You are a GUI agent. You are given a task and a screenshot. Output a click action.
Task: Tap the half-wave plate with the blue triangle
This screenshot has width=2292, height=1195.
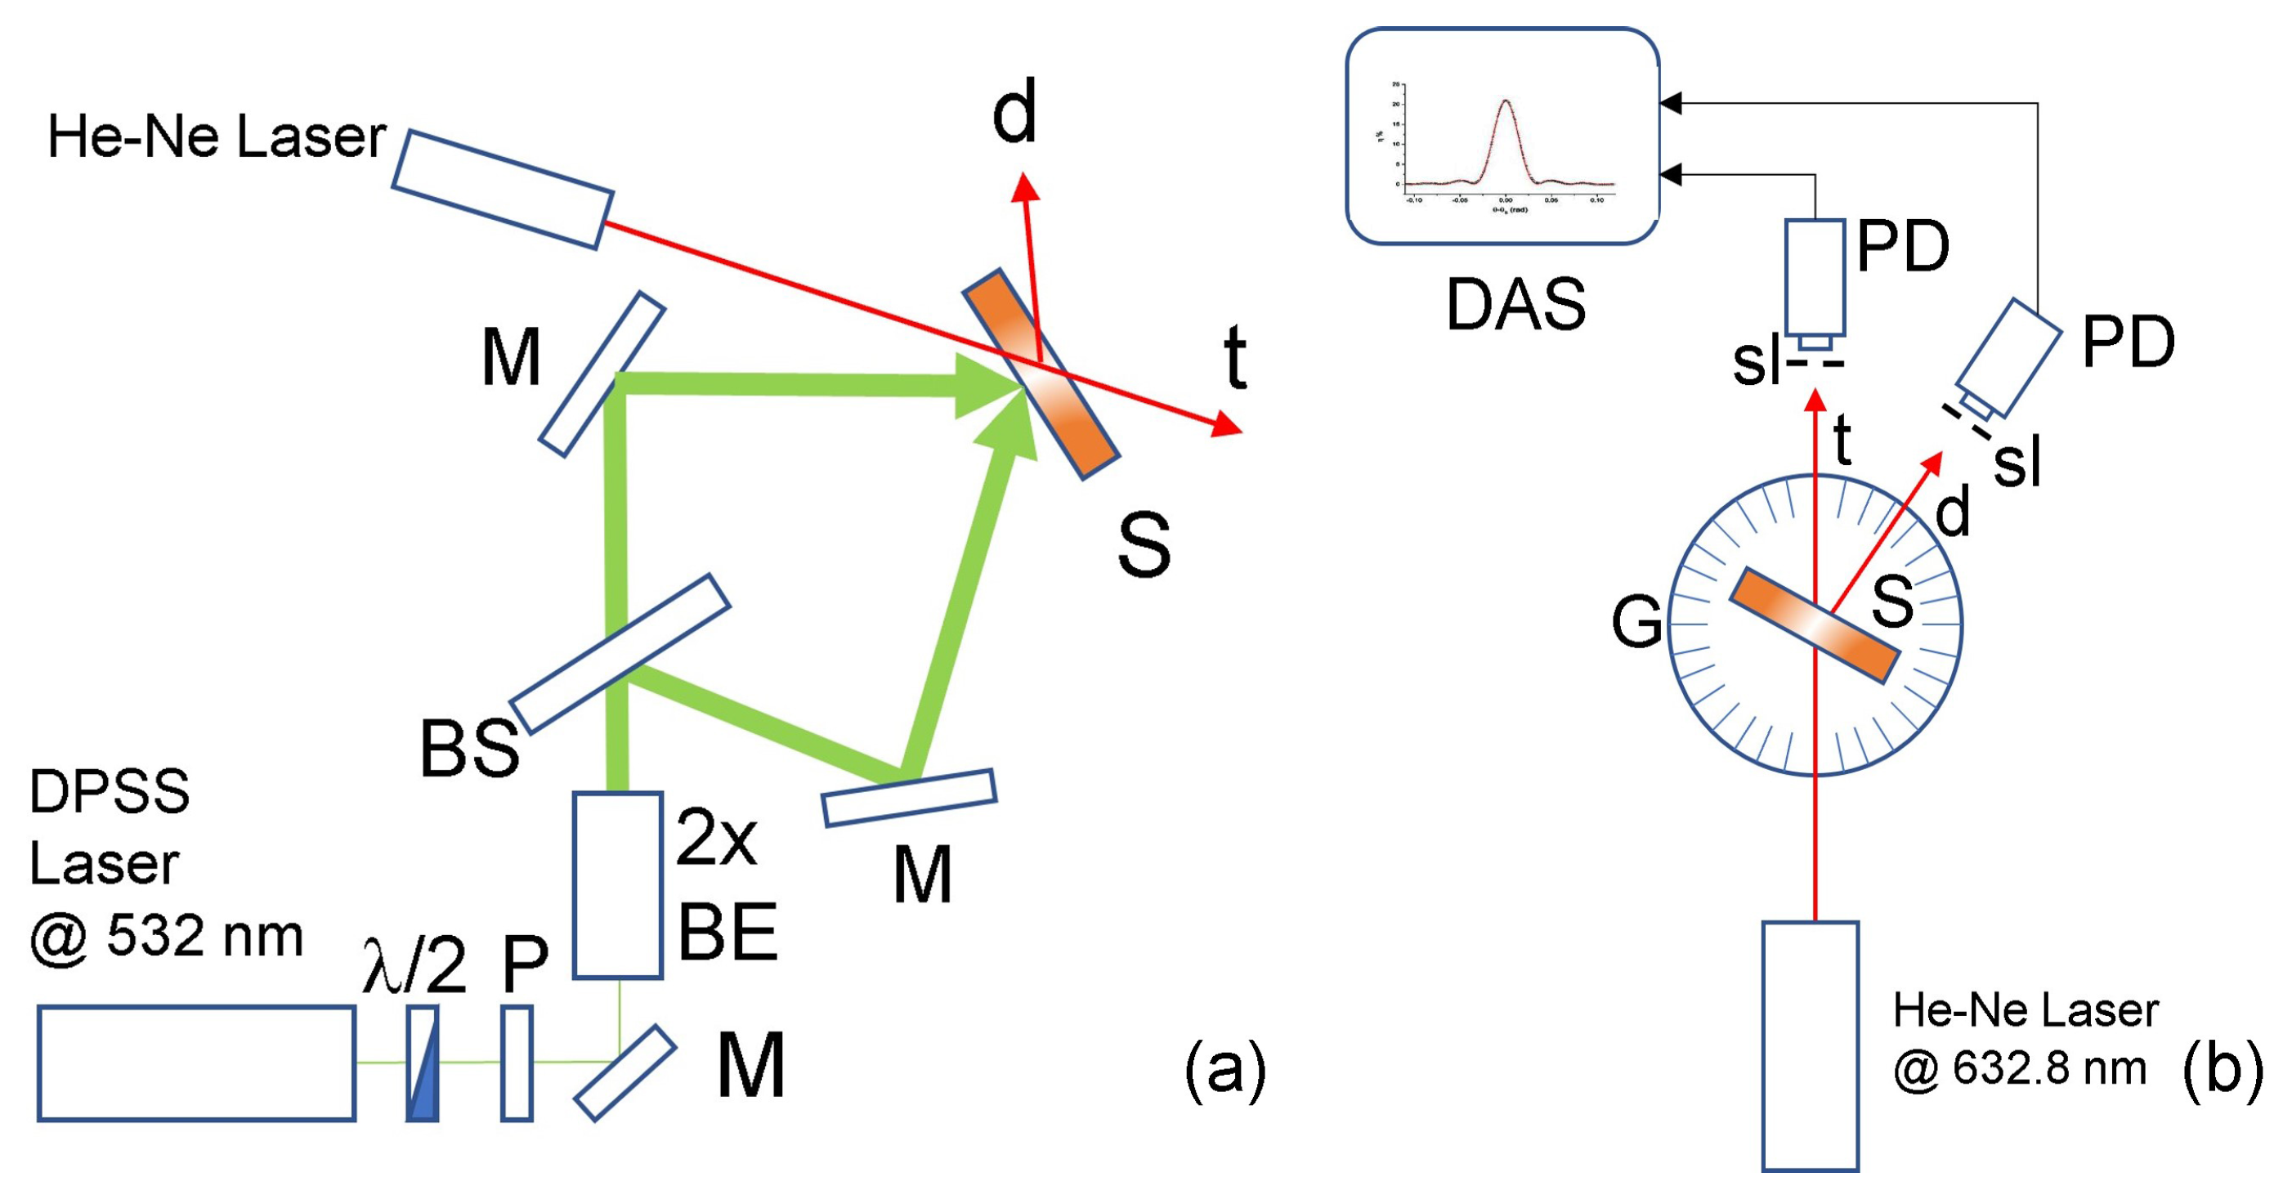point(423,1063)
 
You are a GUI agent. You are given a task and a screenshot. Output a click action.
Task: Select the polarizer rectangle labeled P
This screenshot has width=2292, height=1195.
point(517,1063)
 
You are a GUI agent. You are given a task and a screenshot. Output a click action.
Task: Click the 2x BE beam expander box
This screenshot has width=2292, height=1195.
point(617,885)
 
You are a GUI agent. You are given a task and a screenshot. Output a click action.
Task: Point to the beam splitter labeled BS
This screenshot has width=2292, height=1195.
point(620,654)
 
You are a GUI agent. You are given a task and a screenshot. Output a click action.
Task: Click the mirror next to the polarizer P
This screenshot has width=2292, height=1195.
point(624,1072)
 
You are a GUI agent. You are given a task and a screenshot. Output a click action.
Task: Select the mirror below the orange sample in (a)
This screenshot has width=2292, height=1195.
point(908,798)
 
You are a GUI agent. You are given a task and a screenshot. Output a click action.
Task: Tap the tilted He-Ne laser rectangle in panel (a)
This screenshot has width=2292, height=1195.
point(503,190)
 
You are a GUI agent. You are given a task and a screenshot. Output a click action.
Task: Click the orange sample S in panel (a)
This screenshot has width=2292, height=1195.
point(1041,374)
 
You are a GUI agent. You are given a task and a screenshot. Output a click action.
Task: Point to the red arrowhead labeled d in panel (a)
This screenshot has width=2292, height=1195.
point(1025,186)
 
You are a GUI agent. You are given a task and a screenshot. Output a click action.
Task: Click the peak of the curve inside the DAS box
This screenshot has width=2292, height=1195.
point(1506,101)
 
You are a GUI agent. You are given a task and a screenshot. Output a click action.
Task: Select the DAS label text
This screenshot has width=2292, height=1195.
point(1515,304)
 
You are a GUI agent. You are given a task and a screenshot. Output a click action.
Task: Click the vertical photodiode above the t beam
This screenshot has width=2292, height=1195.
point(1814,278)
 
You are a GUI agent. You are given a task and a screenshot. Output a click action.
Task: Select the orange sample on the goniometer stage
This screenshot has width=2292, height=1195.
point(1815,625)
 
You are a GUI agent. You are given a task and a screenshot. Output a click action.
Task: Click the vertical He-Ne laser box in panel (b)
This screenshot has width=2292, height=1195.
point(1810,1045)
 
